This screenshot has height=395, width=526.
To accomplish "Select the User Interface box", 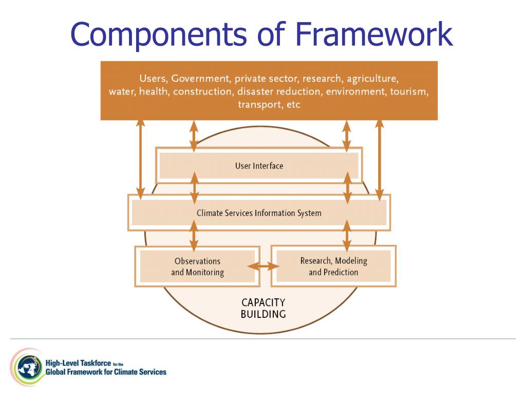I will (259, 166).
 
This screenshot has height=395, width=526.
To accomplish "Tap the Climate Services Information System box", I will (259, 213).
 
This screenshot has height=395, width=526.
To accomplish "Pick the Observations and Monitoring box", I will (197, 266).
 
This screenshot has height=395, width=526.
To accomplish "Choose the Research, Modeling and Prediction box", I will (333, 266).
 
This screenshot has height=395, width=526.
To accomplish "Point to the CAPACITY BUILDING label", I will (263, 308).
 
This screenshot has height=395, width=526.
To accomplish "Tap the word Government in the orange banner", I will (200, 79).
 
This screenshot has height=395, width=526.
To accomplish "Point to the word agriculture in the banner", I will (372, 79).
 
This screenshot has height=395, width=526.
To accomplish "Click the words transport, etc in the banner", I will (269, 104).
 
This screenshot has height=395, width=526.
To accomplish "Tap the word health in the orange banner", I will (154, 92).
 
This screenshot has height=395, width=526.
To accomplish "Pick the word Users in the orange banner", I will (153, 79).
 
